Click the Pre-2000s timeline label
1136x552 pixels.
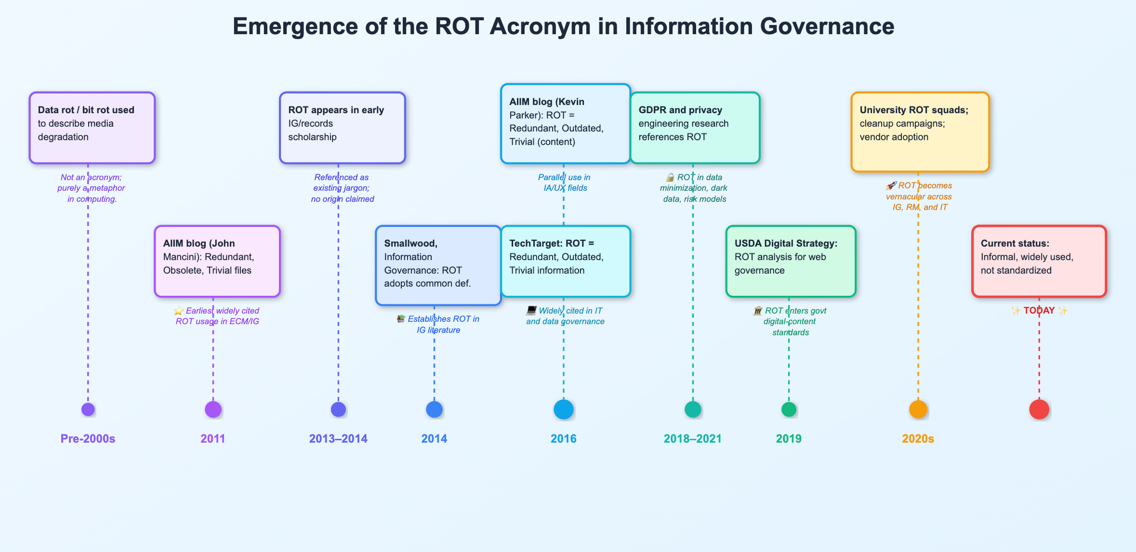tap(88, 439)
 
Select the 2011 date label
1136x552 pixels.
tap(212, 439)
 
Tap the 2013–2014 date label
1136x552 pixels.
tap(338, 439)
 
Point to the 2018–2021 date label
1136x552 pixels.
tap(692, 439)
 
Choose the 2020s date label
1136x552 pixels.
tap(918, 439)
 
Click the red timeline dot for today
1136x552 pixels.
tap(1039, 409)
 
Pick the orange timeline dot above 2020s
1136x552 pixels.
tap(918, 409)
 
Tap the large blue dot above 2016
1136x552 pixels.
tap(564, 409)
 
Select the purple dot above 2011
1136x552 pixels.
tap(213, 409)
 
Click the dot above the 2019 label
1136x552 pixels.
tap(789, 409)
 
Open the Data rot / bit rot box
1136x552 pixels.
tap(92, 128)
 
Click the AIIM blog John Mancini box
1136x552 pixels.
tap(217, 261)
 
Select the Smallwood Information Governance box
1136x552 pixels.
tap(438, 265)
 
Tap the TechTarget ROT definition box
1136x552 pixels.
tap(565, 261)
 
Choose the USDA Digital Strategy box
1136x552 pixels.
tap(791, 261)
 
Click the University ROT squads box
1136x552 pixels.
tap(920, 131)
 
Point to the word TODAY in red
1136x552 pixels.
tap(1039, 311)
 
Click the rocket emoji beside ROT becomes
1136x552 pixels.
tap(891, 186)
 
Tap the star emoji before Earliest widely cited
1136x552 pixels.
tap(179, 311)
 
